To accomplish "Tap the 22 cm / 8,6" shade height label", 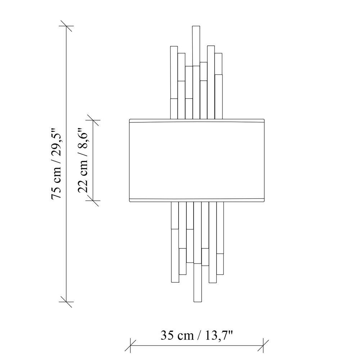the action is [83, 160].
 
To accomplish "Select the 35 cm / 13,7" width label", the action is [197, 336].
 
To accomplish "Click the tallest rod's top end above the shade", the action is [196, 26].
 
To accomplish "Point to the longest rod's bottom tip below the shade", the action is [198, 301].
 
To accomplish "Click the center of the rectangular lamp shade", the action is [197, 161].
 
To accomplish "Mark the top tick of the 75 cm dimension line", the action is [66, 26].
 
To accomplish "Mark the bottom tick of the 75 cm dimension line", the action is [66, 301].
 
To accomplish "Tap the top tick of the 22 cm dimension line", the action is [93, 120].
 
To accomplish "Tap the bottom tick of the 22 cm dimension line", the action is [93, 201].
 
